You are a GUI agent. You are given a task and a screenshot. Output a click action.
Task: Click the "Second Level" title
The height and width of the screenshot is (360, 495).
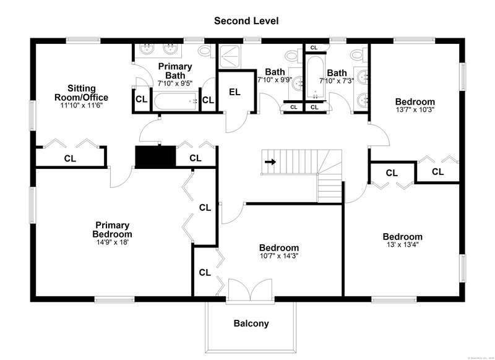[246, 20]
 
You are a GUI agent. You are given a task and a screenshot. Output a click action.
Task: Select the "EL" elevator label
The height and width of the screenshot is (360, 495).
[234, 92]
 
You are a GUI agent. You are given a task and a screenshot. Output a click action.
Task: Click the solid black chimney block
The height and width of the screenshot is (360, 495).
[155, 157]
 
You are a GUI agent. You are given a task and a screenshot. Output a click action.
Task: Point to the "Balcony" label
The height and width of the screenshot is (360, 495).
[251, 323]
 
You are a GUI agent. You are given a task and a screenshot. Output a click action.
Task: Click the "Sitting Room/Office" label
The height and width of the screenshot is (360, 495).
[88, 93]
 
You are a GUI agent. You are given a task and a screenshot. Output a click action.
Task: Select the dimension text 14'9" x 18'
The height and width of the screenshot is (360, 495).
[113, 242]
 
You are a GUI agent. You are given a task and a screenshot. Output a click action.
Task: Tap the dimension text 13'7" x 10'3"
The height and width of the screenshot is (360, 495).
[415, 110]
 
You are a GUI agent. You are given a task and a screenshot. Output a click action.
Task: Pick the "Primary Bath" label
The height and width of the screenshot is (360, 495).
[175, 71]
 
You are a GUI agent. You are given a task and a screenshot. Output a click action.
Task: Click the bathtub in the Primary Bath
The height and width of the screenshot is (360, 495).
[176, 101]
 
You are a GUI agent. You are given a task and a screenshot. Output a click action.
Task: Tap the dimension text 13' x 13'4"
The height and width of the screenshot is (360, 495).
[402, 245]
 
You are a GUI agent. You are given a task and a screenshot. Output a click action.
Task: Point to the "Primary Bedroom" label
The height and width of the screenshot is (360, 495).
[113, 229]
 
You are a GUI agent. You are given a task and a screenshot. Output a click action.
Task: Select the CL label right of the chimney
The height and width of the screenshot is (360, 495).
[196, 158]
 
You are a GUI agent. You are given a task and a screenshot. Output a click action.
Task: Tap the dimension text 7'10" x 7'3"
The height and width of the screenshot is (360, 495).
[337, 80]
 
